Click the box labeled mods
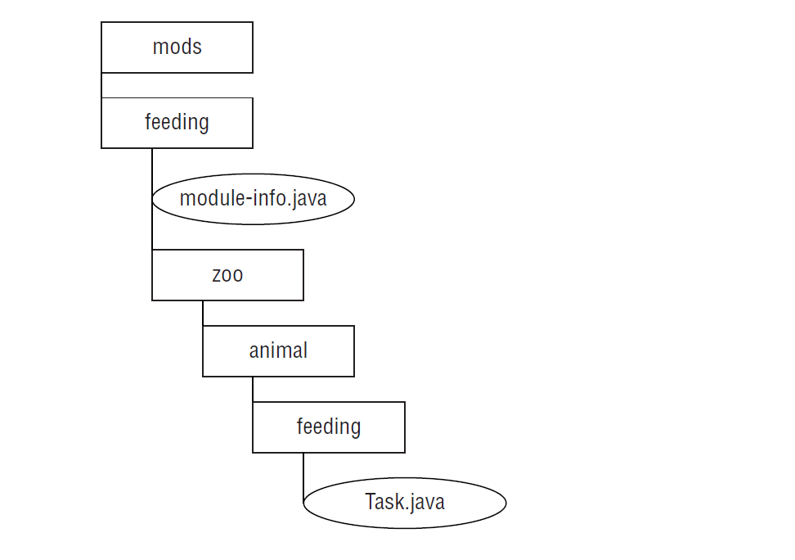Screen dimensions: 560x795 177,47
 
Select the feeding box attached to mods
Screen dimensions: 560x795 177,123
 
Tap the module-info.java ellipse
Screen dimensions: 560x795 253,198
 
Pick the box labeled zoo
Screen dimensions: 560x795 227,275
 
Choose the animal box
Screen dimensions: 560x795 278,351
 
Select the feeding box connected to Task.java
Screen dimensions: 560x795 328,427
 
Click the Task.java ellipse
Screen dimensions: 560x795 404,502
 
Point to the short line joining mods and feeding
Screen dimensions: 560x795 101,85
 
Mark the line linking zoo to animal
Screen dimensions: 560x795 203,313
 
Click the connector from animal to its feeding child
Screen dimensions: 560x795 253,389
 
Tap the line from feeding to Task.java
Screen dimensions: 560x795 303,475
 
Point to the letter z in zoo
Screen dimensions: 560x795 217,276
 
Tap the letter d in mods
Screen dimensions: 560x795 184,47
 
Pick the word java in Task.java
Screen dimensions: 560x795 427,502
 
